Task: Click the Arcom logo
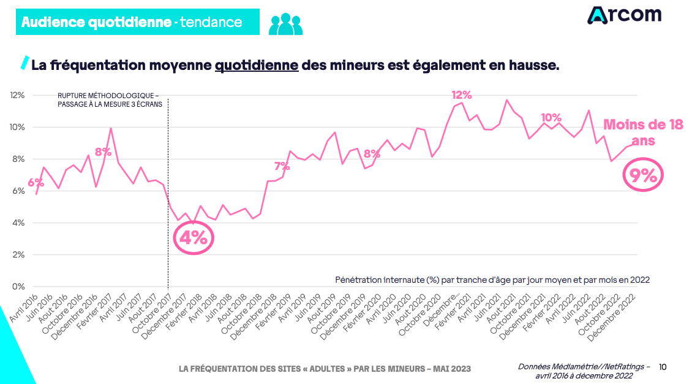[624, 15]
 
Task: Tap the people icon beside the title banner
[285, 23]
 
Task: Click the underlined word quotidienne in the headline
[256, 65]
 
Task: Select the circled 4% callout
[194, 238]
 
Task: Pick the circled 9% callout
[643, 176]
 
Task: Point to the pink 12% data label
[462, 95]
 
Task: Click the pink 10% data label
[551, 118]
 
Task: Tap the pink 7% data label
[282, 166]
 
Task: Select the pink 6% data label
[36, 183]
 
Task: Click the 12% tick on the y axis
[17, 95]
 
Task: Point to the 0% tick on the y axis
[18, 286]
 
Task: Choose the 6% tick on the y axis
[18, 191]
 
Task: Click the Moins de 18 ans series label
[643, 132]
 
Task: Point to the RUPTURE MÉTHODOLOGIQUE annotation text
[108, 100]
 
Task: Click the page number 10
[663, 367]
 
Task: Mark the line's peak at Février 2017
[110, 128]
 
